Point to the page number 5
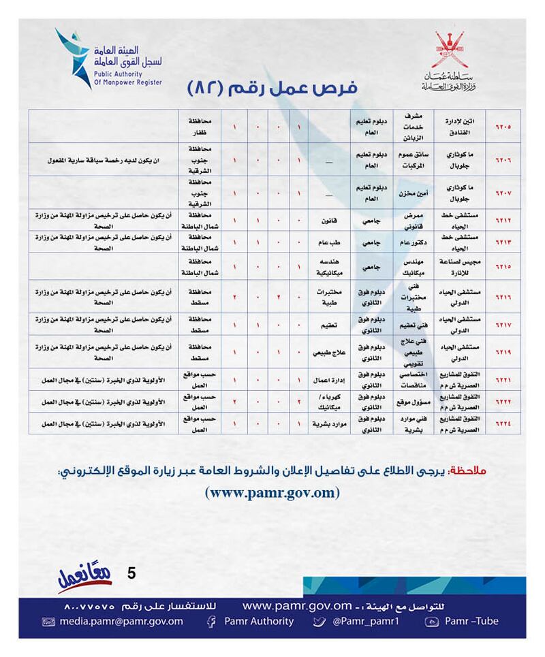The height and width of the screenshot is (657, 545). (x=131, y=573)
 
